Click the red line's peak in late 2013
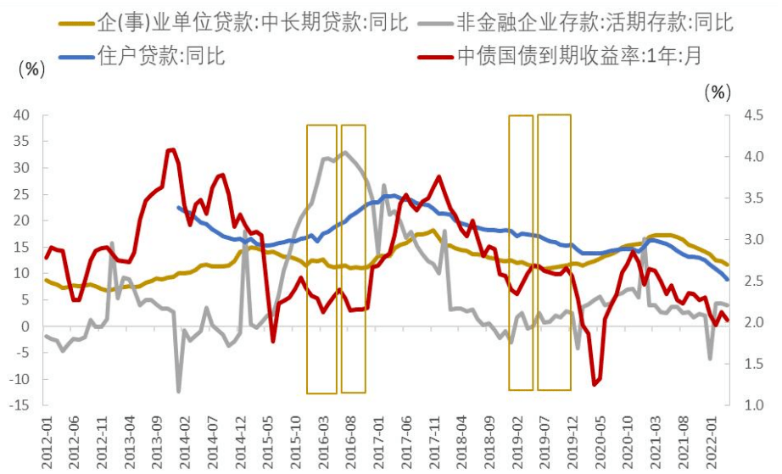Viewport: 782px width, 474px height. pyautogui.click(x=172, y=149)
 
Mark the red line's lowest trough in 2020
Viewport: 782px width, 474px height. pyautogui.click(x=595, y=384)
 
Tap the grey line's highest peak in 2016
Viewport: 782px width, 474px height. pyautogui.click(x=344, y=152)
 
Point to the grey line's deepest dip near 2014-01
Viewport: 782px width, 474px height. pyautogui.click(x=179, y=391)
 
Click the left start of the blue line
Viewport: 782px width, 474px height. pyautogui.click(x=178, y=207)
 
